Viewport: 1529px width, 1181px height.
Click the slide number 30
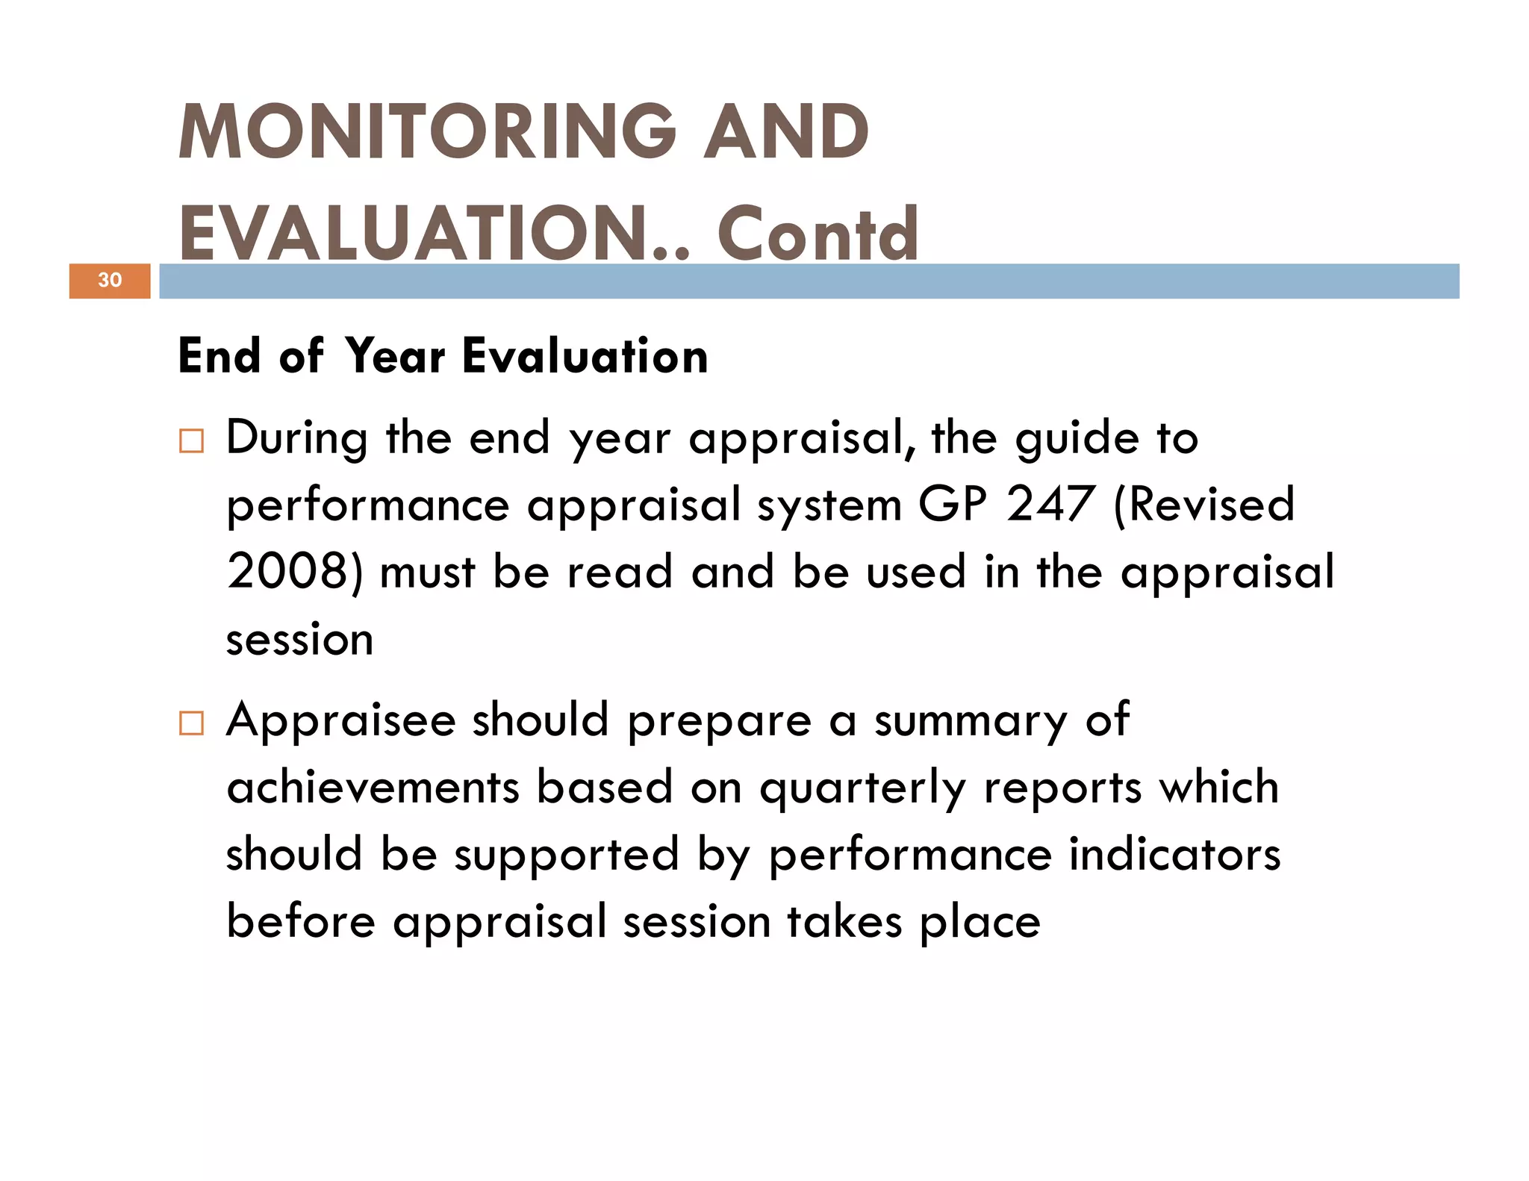(110, 280)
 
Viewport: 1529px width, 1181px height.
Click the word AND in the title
(786, 133)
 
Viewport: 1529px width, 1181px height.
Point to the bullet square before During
(191, 441)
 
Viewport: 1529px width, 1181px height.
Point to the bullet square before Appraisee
(191, 723)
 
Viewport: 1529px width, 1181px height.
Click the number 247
(1050, 505)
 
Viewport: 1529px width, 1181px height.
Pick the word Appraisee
(341, 720)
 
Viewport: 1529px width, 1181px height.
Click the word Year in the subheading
(396, 356)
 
